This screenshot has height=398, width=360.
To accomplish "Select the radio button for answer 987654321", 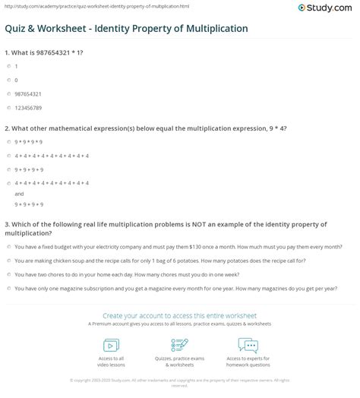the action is tap(8, 93).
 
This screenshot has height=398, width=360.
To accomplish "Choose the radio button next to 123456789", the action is tap(8, 106).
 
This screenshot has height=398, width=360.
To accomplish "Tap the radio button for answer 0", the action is tap(8, 80).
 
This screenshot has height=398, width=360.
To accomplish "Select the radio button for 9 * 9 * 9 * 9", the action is tap(8, 142).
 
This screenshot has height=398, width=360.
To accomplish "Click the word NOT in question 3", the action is tap(191, 224).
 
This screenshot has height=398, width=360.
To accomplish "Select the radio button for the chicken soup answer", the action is tap(8, 261).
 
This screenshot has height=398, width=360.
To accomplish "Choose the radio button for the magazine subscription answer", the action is tap(8, 288).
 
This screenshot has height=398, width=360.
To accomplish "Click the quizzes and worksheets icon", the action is tap(179, 345).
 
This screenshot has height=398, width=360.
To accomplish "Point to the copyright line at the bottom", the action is tap(180, 382).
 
